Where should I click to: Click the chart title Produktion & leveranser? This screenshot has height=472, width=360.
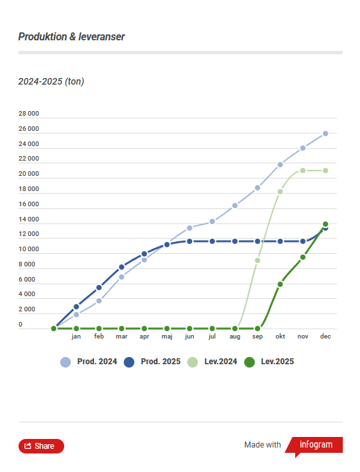[71, 37]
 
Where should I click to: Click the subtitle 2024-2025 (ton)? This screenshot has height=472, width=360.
[51, 81]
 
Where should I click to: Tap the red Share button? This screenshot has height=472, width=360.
[41, 446]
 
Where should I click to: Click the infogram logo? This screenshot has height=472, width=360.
[315, 445]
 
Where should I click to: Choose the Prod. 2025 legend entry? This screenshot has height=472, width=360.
[152, 362]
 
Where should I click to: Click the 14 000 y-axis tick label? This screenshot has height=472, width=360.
[28, 219]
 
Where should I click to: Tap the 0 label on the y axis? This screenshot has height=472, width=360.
[21, 325]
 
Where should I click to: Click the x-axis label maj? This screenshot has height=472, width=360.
[167, 336]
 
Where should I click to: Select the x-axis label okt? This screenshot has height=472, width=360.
[280, 336]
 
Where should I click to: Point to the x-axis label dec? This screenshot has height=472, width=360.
[325, 336]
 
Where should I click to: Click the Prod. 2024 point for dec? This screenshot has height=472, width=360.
[326, 134]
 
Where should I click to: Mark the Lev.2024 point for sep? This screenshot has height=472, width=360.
[257, 260]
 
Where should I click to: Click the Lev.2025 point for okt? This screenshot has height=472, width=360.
[280, 284]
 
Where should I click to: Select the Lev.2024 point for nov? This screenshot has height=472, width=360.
[302, 171]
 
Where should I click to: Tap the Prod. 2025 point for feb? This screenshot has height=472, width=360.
[99, 288]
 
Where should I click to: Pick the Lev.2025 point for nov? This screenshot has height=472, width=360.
[302, 257]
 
